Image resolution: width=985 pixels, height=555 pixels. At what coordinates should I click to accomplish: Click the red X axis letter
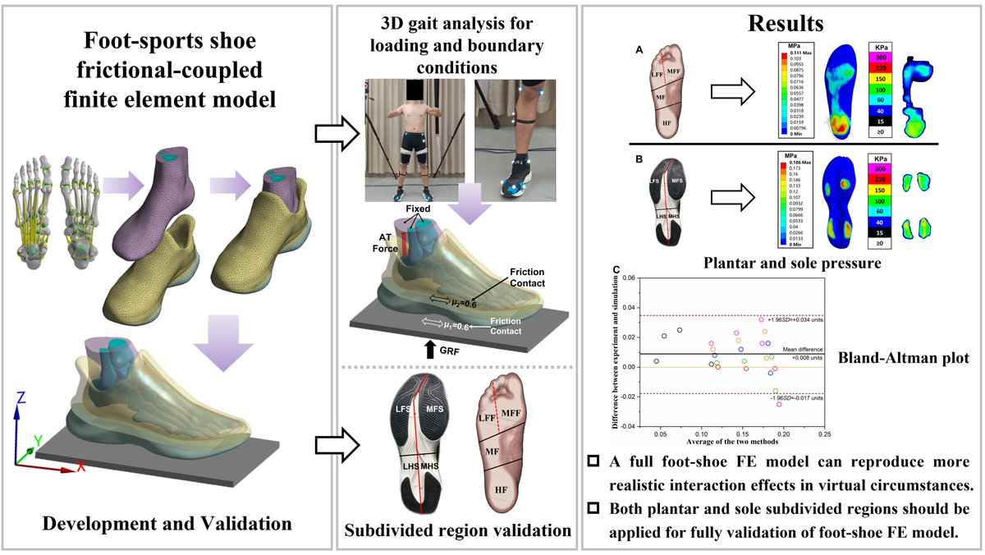tap(80, 467)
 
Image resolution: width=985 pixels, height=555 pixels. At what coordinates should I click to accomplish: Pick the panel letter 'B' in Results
tap(639, 156)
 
